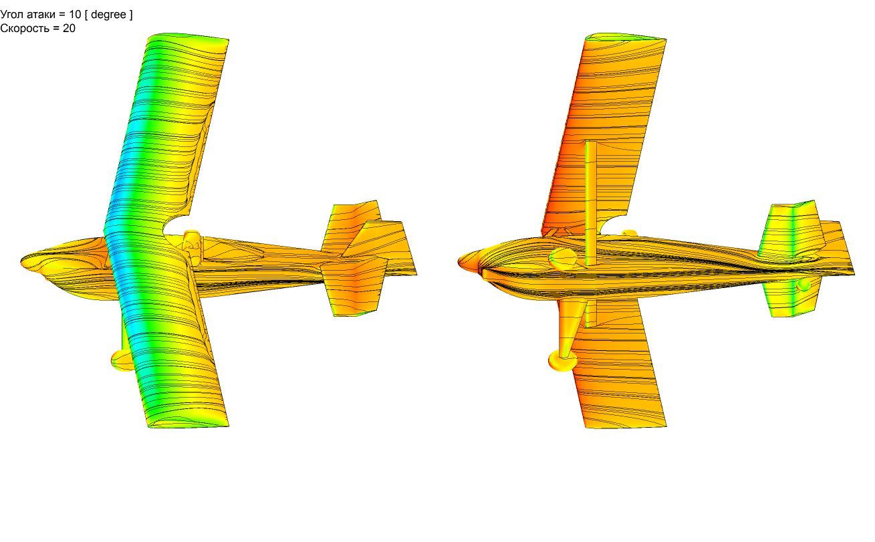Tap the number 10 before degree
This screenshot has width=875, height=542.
pyautogui.click(x=75, y=15)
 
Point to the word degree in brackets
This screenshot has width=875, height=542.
pyautogui.click(x=108, y=15)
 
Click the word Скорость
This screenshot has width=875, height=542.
pyautogui.click(x=25, y=28)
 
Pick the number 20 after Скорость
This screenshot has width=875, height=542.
pyautogui.click(x=69, y=28)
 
